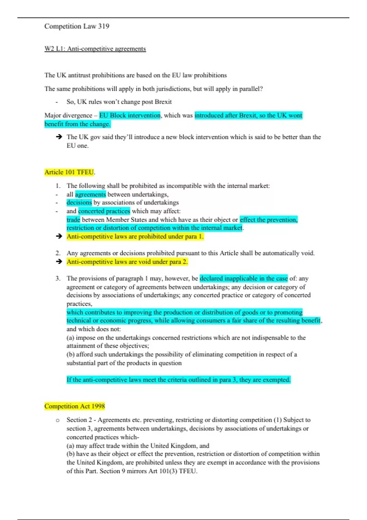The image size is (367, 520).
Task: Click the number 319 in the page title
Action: (104, 26)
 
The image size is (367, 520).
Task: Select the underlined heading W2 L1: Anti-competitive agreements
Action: (95, 49)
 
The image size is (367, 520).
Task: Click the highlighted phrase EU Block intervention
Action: (130, 115)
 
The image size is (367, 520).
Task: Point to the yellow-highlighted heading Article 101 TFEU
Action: (69, 172)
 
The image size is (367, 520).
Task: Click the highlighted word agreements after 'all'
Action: (91, 195)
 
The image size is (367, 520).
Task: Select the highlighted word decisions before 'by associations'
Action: (79, 202)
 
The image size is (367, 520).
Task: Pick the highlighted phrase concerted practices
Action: (104, 211)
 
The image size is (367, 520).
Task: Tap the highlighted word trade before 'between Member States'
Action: (73, 220)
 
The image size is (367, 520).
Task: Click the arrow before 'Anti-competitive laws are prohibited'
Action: (59, 236)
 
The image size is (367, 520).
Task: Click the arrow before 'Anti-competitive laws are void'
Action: (59, 262)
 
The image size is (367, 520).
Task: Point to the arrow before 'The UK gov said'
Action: (59, 137)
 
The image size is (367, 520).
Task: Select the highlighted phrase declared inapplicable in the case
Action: (244, 278)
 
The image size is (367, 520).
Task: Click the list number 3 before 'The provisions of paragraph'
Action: (58, 278)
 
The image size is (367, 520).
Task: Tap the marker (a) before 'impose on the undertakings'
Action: (70, 338)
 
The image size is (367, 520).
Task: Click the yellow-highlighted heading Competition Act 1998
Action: (75, 406)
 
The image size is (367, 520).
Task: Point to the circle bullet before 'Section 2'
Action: (57, 420)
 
